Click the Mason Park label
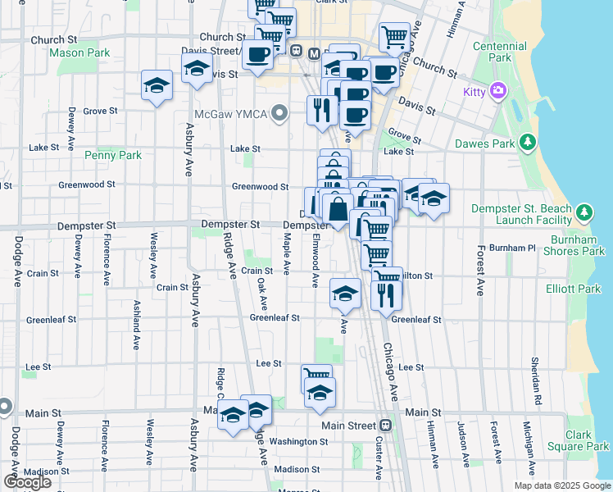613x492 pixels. [79, 52]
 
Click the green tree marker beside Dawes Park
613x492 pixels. [529, 143]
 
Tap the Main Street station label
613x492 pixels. [348, 426]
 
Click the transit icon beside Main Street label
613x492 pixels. [384, 426]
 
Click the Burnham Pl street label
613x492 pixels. [511, 247]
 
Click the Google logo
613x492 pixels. [27, 481]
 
